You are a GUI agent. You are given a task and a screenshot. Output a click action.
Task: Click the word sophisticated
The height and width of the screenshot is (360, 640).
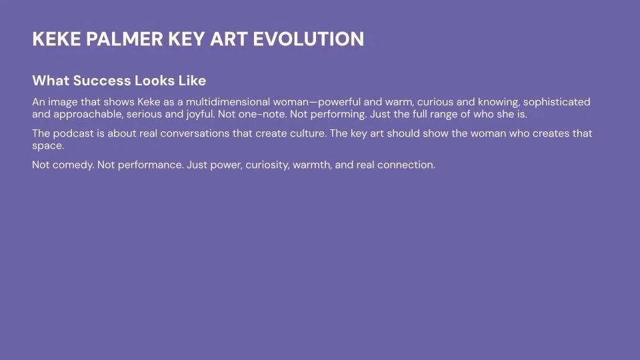(x=557, y=102)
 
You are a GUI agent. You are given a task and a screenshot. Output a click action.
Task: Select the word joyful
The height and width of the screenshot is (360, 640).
(x=197, y=113)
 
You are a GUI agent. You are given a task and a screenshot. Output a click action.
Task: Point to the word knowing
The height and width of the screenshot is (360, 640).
(x=493, y=102)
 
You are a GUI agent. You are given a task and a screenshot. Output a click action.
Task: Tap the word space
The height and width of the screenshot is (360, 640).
(x=47, y=145)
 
